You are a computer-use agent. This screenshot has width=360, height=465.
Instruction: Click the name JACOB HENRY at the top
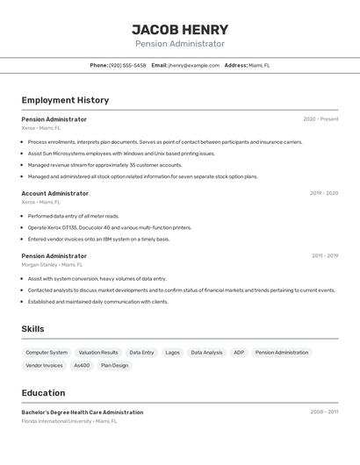pos(179,30)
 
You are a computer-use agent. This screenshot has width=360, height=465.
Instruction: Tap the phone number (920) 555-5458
pos(127,65)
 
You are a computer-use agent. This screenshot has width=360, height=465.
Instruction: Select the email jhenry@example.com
pos(193,65)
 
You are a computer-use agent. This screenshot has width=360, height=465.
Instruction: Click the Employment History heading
pos(65,100)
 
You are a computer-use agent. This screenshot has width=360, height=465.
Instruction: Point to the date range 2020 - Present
pos(320,119)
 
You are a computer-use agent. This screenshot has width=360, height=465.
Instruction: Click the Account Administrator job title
pos(55,193)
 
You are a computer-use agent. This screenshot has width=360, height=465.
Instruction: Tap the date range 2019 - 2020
pos(324,193)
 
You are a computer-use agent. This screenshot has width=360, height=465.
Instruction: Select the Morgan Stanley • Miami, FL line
pos(53,264)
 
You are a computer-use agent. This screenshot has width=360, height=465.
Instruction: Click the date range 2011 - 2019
pos(325,256)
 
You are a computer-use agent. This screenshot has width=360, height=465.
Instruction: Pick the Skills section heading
pos(33,329)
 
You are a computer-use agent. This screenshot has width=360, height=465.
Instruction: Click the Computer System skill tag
pos(47,353)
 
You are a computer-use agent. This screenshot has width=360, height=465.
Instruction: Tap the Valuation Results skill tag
pos(98,353)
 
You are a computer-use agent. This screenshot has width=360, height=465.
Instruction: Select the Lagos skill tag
pos(172,353)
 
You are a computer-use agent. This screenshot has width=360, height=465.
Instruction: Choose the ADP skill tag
pos(239,353)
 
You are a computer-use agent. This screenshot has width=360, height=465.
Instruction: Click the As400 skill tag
pos(82,366)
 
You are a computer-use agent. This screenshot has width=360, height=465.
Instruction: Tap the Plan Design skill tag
pos(114,366)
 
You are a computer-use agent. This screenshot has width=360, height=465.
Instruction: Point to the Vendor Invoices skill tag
pos(45,366)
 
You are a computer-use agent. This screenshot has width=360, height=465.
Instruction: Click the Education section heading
pos(44,393)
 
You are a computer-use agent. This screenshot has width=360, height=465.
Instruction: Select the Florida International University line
pos(68,421)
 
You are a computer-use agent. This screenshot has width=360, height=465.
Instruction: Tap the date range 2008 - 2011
pos(324,411)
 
